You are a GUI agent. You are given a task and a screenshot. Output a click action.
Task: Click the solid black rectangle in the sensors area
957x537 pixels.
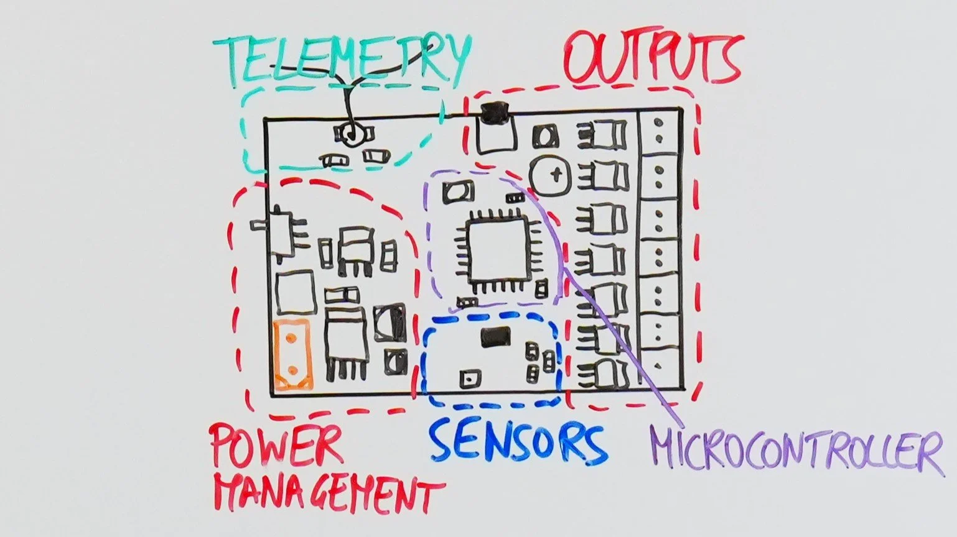pos(497,337)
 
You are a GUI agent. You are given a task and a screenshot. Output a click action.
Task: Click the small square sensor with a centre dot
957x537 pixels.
pos(469,378)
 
